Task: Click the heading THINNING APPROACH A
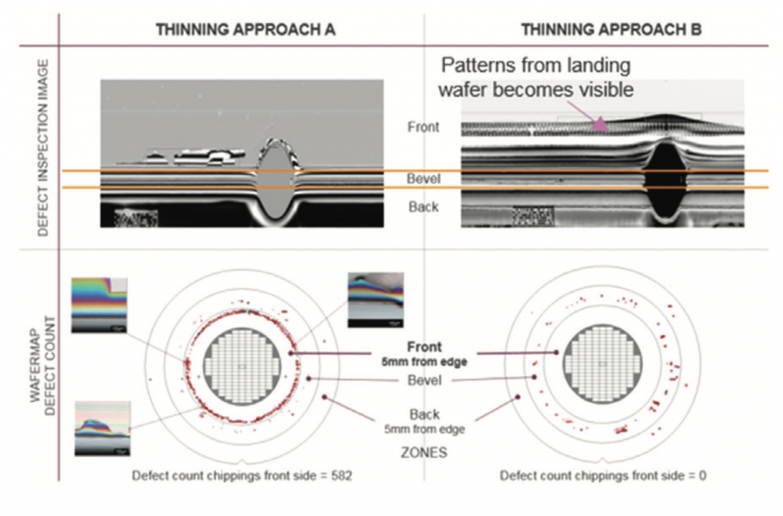tap(245, 30)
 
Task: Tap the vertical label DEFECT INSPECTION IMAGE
tap(44, 147)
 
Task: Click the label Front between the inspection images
tap(423, 128)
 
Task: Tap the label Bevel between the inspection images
tap(422, 179)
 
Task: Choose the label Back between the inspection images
tap(422, 206)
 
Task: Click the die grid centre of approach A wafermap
tap(242, 368)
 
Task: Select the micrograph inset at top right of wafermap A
tap(375, 300)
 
